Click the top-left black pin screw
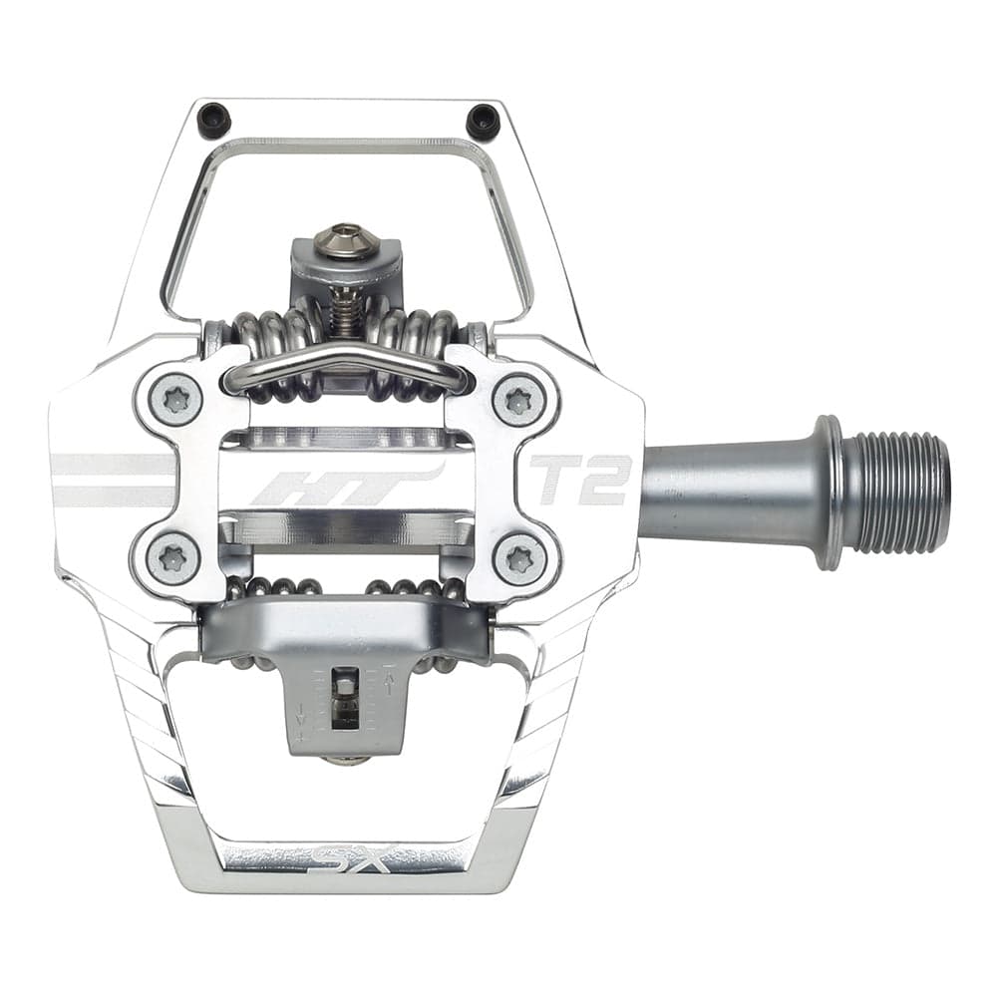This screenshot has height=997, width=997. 214,121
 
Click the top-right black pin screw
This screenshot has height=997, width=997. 483,122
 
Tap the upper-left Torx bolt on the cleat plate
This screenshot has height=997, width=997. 175,400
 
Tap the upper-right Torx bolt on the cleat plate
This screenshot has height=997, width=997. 517,400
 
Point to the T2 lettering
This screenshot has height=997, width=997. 580,480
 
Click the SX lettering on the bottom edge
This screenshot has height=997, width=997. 355,857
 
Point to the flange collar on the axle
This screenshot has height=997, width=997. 829,493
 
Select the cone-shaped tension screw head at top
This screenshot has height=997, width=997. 344,240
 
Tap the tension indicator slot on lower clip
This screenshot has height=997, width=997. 344,698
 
